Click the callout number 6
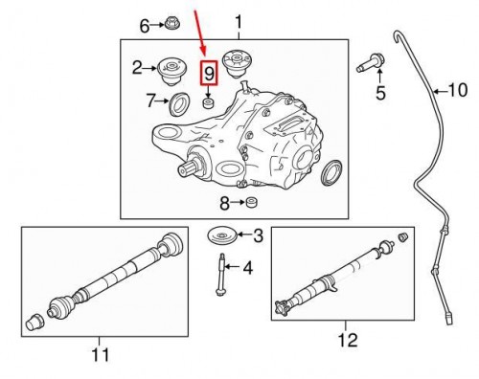pos(145,26)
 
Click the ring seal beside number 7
pos(179,103)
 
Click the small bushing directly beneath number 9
pos(209,100)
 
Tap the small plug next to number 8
pos(253,202)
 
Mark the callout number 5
pos(379,93)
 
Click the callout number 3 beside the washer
pos(258,235)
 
